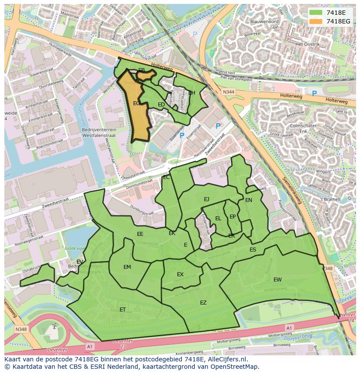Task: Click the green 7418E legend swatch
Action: [x=316, y=12]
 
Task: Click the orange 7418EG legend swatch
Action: [x=316, y=21]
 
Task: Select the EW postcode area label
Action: [x=277, y=280]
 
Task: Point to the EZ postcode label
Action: [x=203, y=303]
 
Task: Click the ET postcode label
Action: [x=123, y=310]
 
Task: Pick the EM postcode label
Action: [x=127, y=267]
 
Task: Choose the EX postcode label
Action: [x=180, y=275]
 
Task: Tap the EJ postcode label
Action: [x=207, y=199]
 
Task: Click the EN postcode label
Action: [x=249, y=200]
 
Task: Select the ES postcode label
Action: [x=253, y=250]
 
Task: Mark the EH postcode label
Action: [x=192, y=93]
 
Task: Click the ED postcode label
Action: [x=161, y=105]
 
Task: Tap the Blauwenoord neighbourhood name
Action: [x=264, y=21]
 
